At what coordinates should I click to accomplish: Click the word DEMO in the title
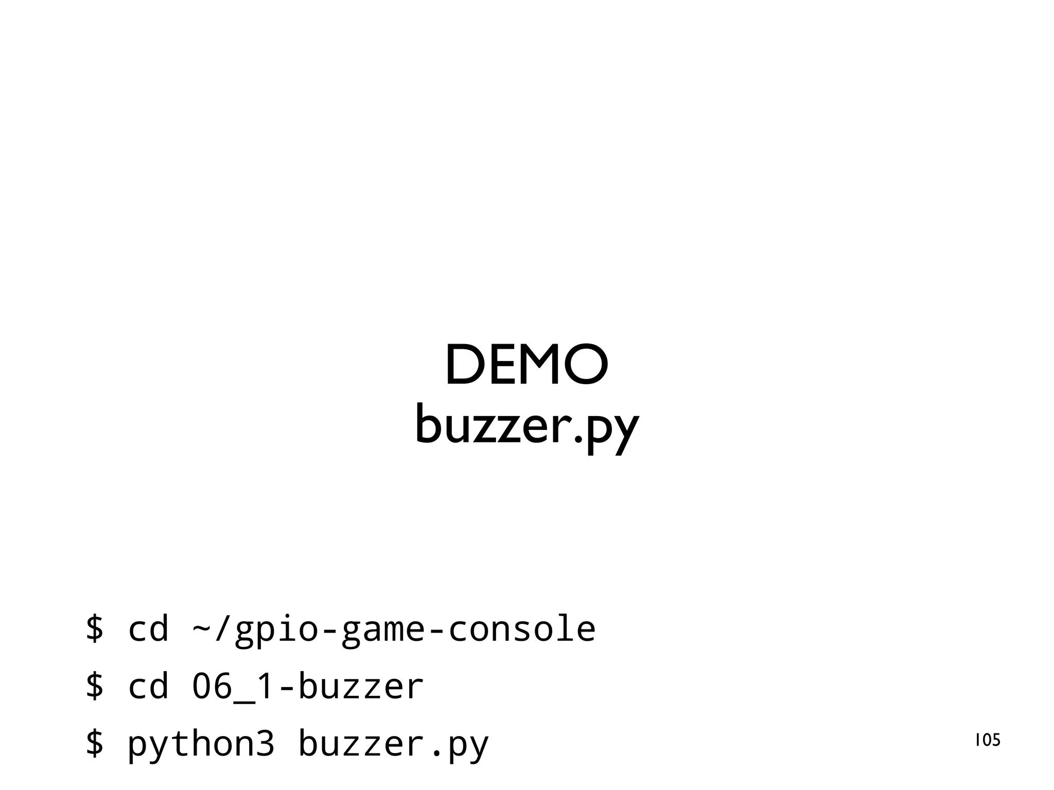526,365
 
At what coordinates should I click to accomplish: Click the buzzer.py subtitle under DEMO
526,427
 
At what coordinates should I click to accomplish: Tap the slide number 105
988,740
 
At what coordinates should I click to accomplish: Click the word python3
201,744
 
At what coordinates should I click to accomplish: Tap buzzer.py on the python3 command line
393,744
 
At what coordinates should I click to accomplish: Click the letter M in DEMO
538,365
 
